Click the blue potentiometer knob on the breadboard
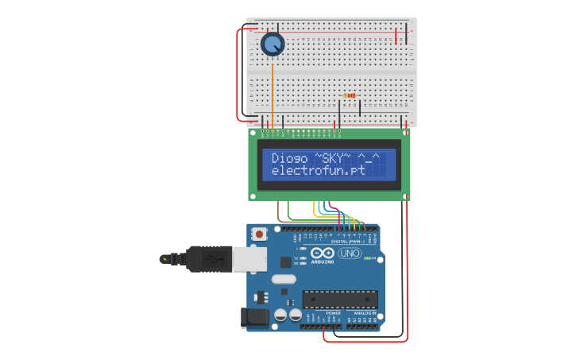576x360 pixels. [x=273, y=45]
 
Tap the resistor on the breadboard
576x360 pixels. [x=350, y=95]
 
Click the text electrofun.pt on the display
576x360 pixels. [x=318, y=170]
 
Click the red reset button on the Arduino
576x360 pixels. [x=259, y=234]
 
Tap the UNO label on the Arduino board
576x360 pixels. [x=350, y=253]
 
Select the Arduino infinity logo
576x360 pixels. [x=323, y=253]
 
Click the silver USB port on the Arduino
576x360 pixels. [x=249, y=258]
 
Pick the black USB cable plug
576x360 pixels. [x=208, y=258]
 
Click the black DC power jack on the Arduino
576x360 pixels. [x=255, y=317]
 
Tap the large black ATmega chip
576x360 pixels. [x=339, y=299]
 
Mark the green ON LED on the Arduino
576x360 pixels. [x=369, y=258]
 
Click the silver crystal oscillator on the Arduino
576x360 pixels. [x=283, y=279]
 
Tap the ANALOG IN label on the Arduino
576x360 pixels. [x=361, y=313]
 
